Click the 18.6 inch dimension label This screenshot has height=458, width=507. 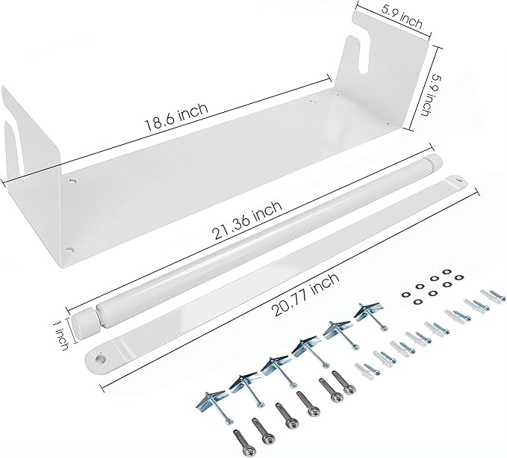[176, 117]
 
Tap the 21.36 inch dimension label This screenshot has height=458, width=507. [247, 220]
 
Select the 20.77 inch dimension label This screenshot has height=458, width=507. [306, 294]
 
